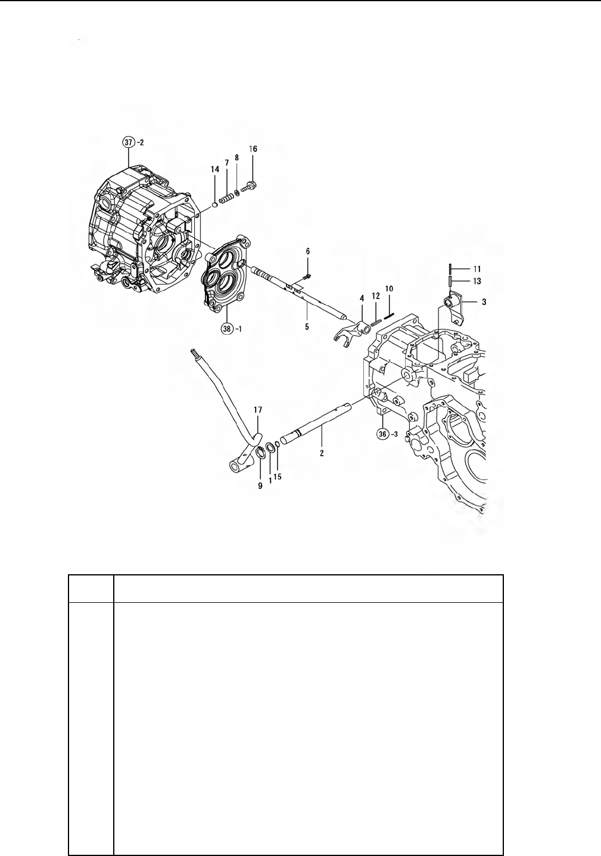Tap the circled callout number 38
[227, 328]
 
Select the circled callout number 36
[382, 434]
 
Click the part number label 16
[253, 149]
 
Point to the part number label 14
[215, 169]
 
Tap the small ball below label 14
[214, 204]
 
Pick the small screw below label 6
[306, 275]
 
